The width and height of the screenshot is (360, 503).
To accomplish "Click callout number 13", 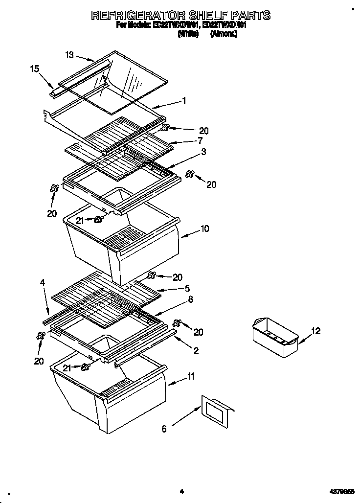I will click(69, 55).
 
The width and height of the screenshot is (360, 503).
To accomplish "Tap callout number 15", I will click(34, 69).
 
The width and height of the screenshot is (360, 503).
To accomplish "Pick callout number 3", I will click(203, 152).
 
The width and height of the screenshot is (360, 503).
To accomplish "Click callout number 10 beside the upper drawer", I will click(204, 229).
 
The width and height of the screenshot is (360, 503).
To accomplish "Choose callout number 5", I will click(187, 288).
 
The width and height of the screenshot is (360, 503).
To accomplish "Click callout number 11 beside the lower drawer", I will click(191, 376).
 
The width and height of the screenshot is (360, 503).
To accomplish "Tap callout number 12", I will click(316, 331).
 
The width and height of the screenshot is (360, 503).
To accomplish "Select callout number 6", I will click(164, 429).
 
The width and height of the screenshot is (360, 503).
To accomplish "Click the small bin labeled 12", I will click(274, 337).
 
